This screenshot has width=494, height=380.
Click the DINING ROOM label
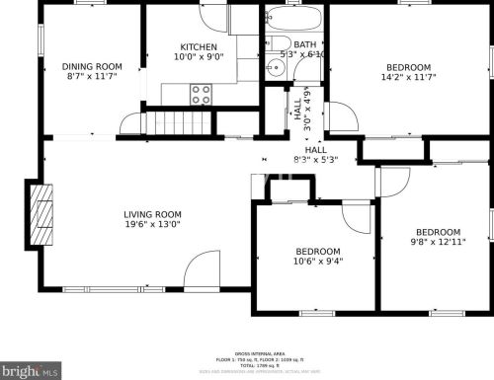point(94,66)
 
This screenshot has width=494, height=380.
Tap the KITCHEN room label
point(200,47)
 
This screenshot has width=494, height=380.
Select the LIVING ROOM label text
point(152,214)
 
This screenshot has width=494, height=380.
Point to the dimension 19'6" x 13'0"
point(152,226)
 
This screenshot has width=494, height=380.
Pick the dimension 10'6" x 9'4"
point(317,262)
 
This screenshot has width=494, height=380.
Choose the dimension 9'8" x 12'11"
point(437,242)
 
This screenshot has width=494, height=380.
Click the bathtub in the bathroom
point(293,19)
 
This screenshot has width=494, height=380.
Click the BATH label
point(305,44)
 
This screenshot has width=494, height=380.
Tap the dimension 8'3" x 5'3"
point(316,160)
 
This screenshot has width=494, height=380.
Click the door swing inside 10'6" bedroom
point(355,217)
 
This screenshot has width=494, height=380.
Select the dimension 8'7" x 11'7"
point(94,77)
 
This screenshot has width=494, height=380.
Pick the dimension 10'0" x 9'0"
point(200,57)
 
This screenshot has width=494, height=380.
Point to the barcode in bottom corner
point(31,373)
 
